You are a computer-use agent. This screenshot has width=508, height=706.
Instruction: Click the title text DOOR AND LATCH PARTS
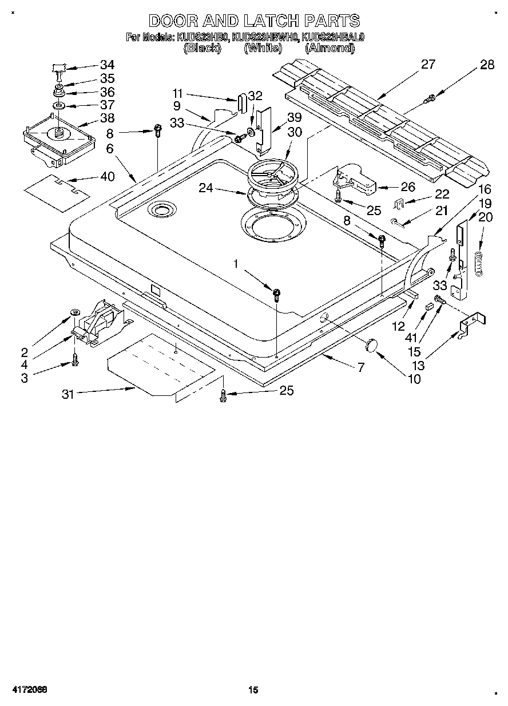254,21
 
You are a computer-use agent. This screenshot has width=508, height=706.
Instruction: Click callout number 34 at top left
107,65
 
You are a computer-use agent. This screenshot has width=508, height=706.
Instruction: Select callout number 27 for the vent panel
428,65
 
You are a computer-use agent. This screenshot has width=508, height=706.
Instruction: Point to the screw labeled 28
428,100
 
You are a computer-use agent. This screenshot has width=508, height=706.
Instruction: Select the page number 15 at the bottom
253,690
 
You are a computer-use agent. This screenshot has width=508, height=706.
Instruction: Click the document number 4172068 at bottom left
28,690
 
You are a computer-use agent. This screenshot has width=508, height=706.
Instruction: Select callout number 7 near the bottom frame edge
360,368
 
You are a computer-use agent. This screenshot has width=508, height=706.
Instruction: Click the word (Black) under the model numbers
201,49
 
